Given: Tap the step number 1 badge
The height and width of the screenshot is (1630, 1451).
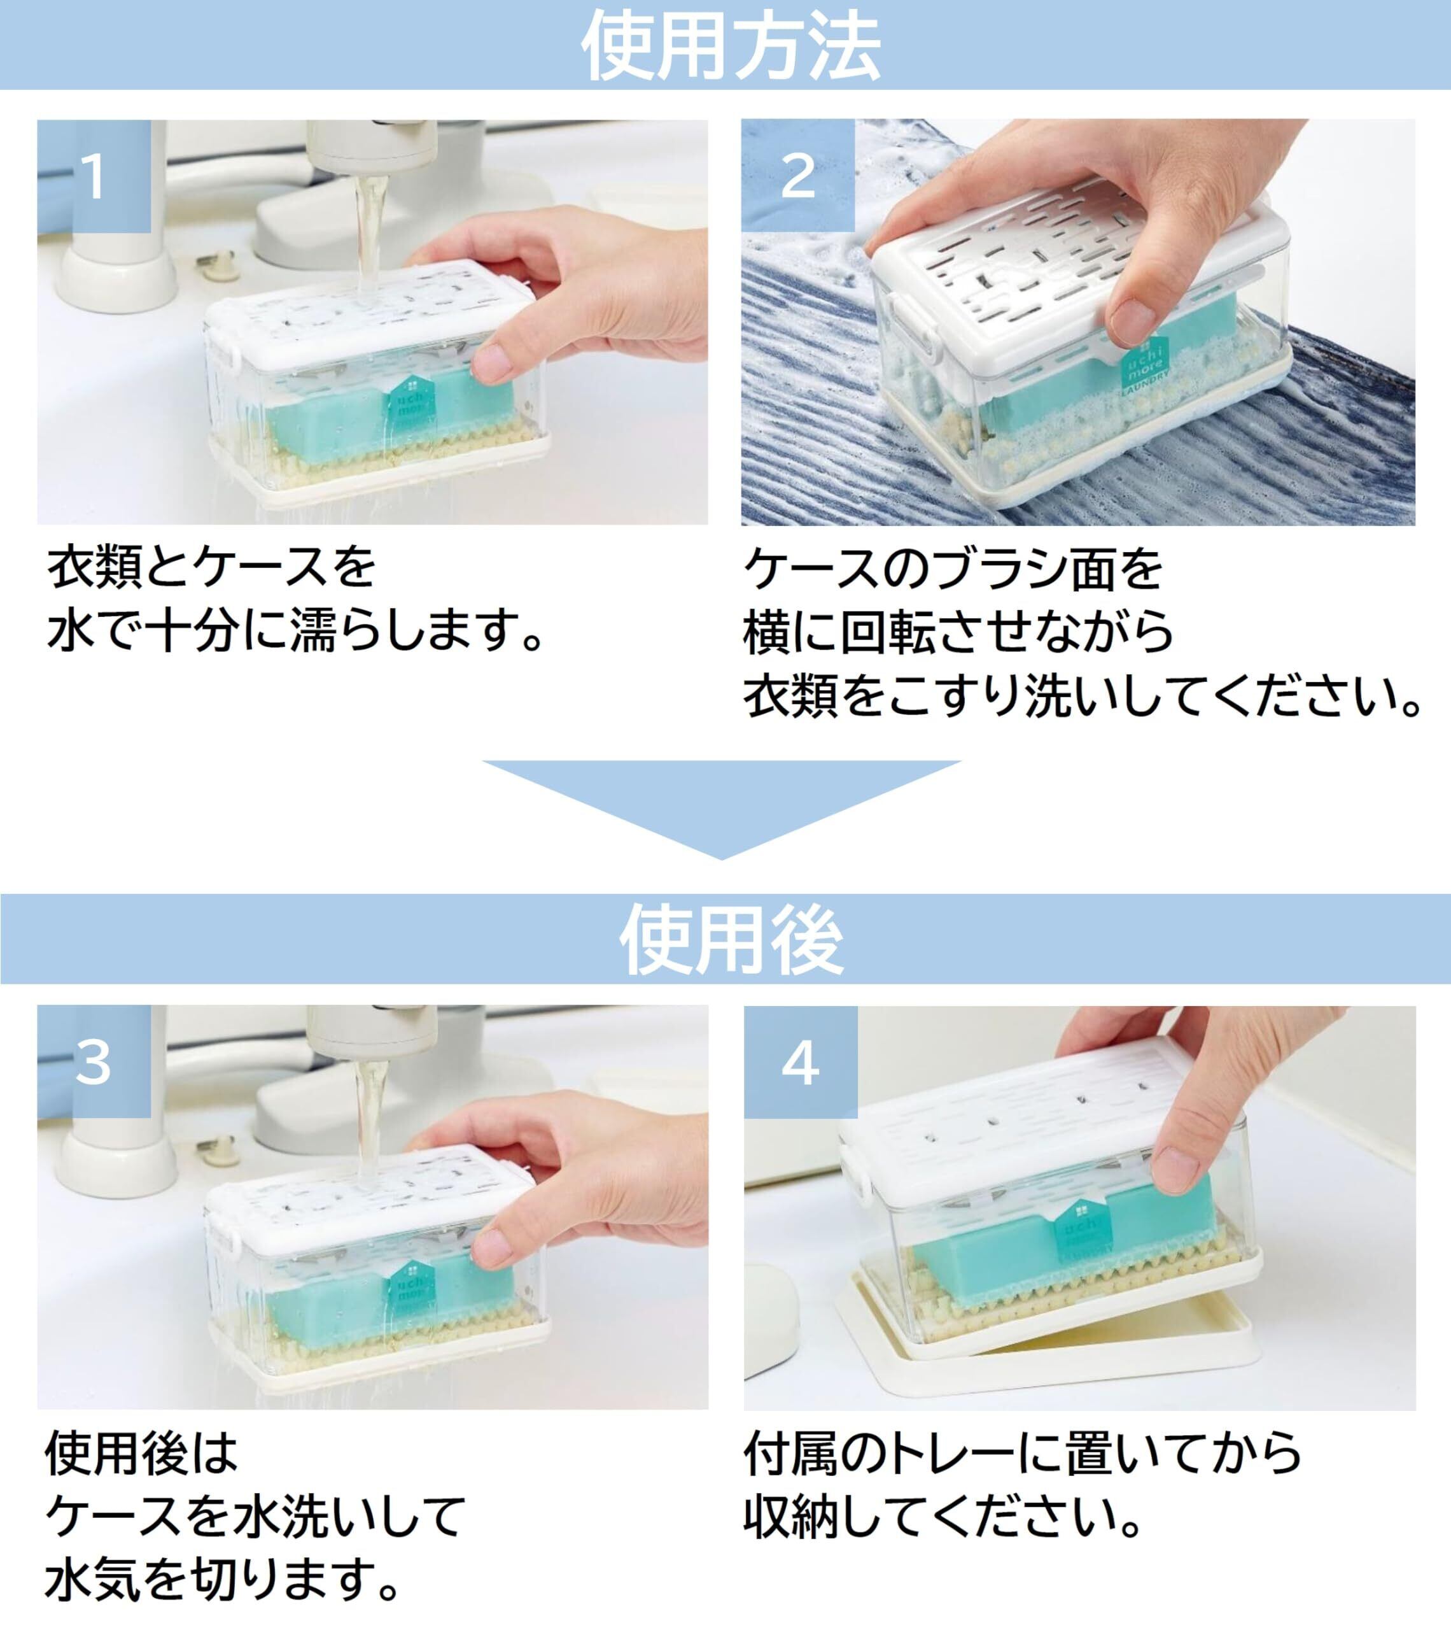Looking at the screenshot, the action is point(94,176).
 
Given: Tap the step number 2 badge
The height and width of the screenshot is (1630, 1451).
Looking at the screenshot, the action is point(798,176).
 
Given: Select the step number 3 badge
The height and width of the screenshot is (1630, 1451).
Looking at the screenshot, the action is point(94,1061).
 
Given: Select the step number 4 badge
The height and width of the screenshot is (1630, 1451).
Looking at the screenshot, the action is point(801,1062).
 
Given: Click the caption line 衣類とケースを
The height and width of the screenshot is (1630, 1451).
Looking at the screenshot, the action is point(211,568).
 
